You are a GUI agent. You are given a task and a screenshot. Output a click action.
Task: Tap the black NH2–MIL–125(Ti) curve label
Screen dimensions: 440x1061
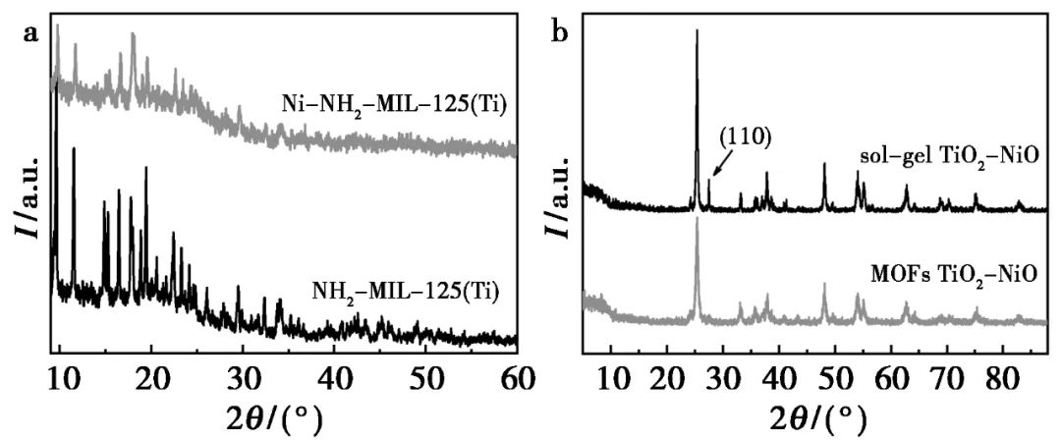click(406, 291)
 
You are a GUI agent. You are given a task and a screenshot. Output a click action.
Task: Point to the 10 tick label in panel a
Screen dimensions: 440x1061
click(60, 374)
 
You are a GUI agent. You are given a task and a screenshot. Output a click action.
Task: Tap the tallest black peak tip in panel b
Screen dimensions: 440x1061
click(697, 31)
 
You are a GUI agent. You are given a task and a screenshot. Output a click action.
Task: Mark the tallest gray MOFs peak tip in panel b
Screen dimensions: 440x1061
click(697, 219)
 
